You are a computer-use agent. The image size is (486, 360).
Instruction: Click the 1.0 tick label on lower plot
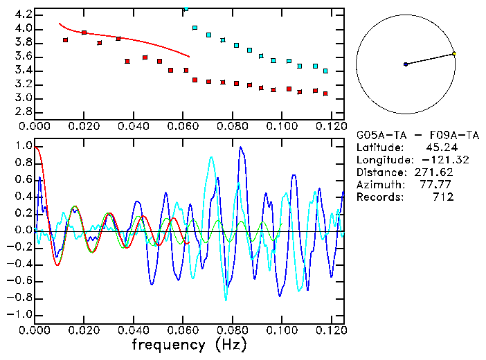coord(24,146)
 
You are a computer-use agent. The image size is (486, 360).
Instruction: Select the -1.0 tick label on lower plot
coord(20,314)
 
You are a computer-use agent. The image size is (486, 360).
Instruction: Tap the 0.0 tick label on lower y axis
coord(24,230)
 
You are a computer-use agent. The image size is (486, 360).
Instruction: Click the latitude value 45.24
coord(437,147)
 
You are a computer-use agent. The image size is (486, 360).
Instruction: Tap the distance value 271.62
coord(434,172)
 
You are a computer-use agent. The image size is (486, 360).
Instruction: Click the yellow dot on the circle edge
coord(454,53)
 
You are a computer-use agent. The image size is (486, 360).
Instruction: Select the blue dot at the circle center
coord(406,64)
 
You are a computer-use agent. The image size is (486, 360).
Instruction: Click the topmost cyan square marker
coord(186,9)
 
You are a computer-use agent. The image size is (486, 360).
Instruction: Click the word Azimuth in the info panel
coord(378,185)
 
